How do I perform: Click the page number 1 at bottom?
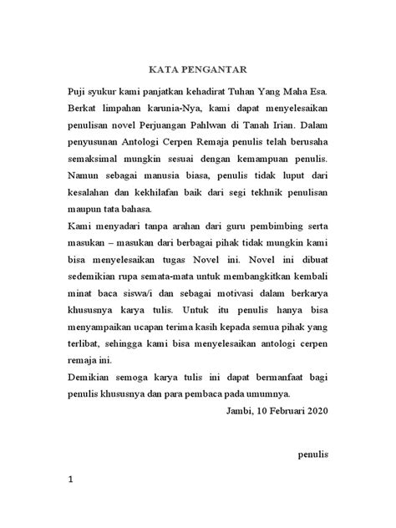point(73,505)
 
